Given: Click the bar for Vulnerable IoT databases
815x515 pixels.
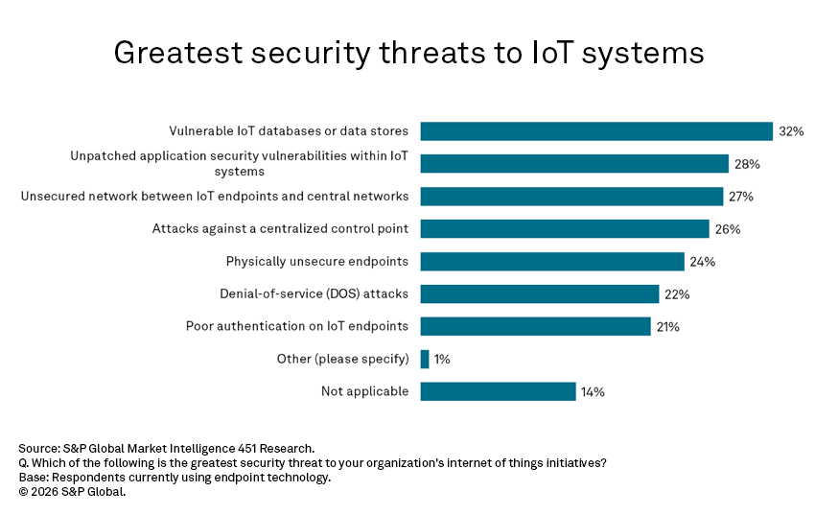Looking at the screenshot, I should (x=595, y=131).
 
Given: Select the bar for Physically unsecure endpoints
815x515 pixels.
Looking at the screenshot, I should (x=551, y=262).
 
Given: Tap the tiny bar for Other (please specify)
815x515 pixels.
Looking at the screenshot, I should (x=425, y=359).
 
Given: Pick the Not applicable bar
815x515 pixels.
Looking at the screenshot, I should (x=498, y=391).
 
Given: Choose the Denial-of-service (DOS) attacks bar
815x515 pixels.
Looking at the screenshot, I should (x=539, y=294).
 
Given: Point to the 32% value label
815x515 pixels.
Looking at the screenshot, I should (x=791, y=131).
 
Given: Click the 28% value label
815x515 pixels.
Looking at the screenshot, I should (x=748, y=164).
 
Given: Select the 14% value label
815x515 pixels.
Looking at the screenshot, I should (x=593, y=391).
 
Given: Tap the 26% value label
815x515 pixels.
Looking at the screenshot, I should (x=728, y=229).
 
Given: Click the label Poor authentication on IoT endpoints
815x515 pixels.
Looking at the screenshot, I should (x=297, y=326).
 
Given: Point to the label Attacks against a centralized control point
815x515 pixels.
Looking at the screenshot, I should (x=280, y=228).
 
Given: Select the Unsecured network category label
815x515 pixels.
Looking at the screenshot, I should (x=215, y=196).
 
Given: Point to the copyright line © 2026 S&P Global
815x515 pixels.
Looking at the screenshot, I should (x=72, y=492).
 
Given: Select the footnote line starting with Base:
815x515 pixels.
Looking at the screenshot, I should (x=174, y=478).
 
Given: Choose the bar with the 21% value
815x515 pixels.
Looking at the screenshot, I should (x=535, y=326).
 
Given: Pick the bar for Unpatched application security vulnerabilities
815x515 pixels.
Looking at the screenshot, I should (x=574, y=164).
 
